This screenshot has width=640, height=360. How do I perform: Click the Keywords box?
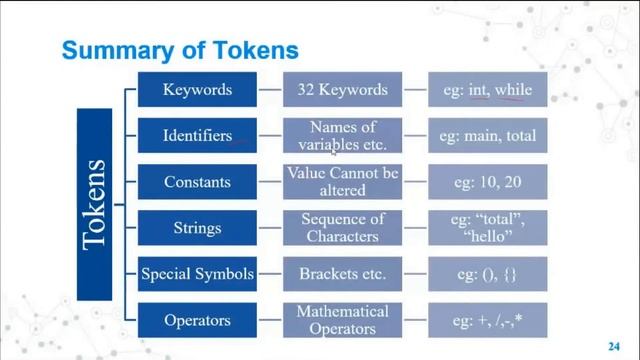198,90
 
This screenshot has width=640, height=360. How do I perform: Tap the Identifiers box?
198,136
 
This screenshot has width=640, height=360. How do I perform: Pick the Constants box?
198,182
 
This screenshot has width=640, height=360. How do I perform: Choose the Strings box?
198,228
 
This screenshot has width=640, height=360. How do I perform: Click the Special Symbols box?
198,274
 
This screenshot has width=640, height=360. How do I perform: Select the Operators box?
198,321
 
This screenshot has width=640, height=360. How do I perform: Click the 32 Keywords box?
342,90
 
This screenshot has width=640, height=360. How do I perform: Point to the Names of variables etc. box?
342,136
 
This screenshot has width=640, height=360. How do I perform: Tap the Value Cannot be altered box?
342,182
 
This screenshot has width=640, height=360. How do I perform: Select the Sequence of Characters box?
342,228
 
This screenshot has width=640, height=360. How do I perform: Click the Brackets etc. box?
342,274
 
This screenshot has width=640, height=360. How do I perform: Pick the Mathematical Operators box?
342,321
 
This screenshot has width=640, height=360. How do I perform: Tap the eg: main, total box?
489,136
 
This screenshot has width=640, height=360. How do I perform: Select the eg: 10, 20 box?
489,182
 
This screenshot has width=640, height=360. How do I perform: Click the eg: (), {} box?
489,274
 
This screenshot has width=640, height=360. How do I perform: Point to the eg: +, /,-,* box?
489,321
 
